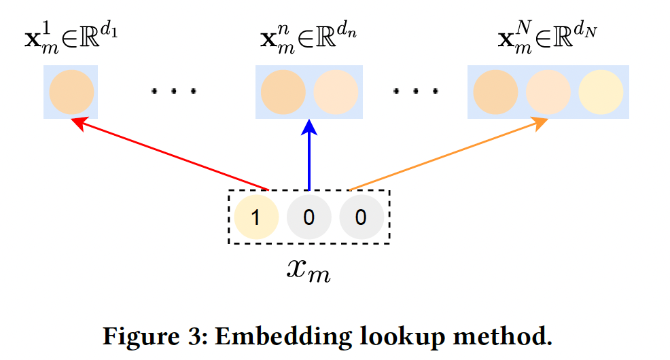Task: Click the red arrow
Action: [170, 154]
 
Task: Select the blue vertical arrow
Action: [310, 156]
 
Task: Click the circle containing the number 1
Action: [256, 217]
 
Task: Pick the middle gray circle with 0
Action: [308, 217]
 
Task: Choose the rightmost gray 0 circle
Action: [362, 217]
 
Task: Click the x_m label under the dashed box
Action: [308, 270]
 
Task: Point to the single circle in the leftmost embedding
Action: [71, 92]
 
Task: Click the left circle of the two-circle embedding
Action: [283, 92]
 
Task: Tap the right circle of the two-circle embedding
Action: [336, 92]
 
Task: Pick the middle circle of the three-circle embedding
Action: [548, 92]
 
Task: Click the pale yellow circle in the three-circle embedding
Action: [601, 92]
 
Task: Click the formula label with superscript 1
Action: [71, 38]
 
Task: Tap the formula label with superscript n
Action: [309, 38]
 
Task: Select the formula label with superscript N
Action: [548, 38]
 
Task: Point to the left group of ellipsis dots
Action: [174, 90]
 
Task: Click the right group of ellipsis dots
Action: [415, 90]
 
